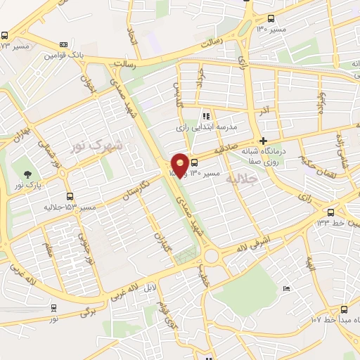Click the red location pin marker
180,165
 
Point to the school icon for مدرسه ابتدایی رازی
206,116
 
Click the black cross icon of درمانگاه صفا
263,141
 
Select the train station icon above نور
54,307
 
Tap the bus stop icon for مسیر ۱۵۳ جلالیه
69,197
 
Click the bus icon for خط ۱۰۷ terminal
344,309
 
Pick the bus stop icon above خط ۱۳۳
330,212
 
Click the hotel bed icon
285,288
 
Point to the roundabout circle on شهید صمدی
215,258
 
